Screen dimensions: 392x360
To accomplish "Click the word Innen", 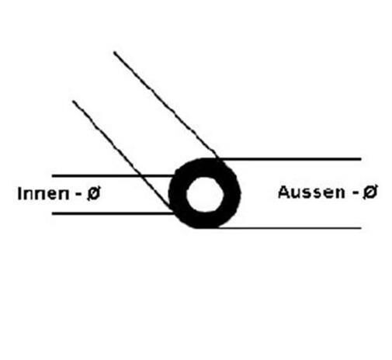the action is click(43, 193).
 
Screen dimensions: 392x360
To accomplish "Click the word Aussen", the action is click(311, 192).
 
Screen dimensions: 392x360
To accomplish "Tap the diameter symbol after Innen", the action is click(93, 194).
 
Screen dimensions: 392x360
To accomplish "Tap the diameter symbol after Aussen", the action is click(370, 192).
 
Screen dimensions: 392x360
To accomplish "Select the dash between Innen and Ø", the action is click(78, 195).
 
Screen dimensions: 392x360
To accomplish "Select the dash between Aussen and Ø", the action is click(356, 193).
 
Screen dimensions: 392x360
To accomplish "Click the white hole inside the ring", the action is click(205, 195).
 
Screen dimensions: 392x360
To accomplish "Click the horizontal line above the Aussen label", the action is click(290, 158).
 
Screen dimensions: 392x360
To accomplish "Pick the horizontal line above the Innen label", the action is click(113, 176).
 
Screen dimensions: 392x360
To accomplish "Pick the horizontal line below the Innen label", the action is click(113, 213).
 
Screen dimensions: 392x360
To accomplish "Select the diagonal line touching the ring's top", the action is click(165, 105).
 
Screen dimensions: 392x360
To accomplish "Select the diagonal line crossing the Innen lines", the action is click(122, 154).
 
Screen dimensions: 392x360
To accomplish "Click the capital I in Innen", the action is click(19, 194).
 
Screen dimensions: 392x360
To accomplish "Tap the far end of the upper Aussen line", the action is click(361, 158).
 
